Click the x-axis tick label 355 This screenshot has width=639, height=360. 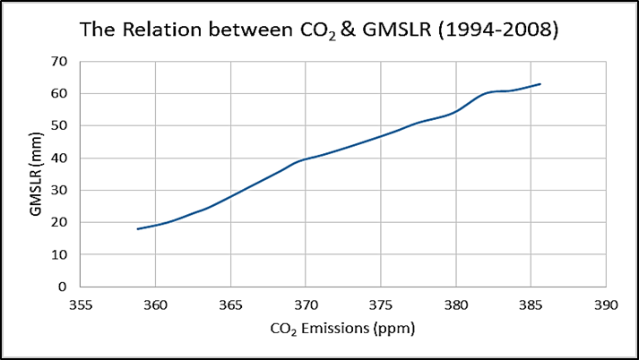(x=80, y=304)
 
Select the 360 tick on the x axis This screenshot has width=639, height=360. (x=155, y=304)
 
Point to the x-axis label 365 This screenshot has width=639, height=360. (x=230, y=304)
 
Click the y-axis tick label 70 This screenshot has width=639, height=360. (x=61, y=61)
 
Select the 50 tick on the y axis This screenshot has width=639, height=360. (x=61, y=125)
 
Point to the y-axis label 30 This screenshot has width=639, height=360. (x=61, y=190)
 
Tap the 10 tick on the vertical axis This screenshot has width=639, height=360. (x=61, y=254)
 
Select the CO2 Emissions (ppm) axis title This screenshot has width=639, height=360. (x=343, y=329)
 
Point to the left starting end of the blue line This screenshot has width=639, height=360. (x=138, y=228)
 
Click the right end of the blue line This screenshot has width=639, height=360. (x=540, y=84)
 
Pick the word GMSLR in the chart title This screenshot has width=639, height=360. (x=396, y=29)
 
